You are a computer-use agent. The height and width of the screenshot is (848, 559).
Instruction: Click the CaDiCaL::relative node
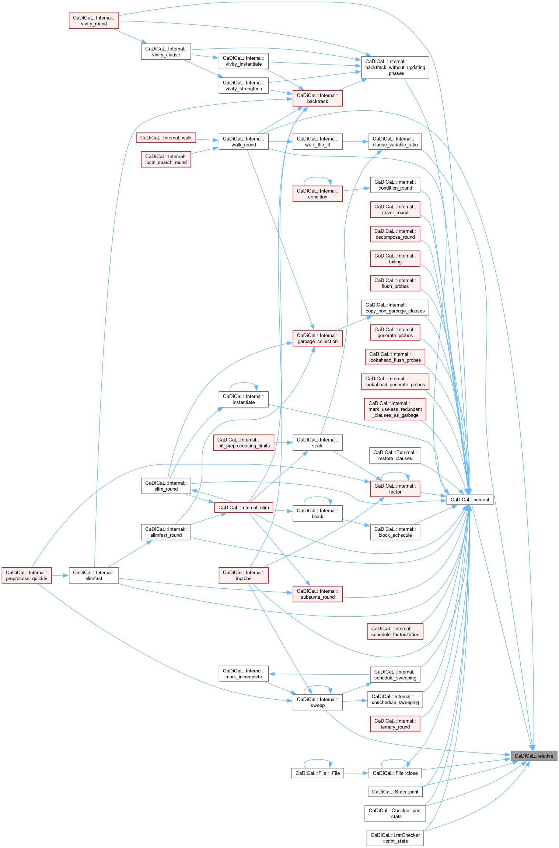(x=534, y=756)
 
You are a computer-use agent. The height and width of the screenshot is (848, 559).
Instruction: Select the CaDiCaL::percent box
(x=469, y=499)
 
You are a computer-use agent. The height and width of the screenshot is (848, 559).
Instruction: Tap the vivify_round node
(x=94, y=21)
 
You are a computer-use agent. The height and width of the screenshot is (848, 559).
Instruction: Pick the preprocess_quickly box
(x=27, y=575)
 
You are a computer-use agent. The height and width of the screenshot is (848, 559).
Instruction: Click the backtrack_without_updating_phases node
(x=395, y=67)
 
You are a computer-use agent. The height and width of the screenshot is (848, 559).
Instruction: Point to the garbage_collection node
(x=317, y=338)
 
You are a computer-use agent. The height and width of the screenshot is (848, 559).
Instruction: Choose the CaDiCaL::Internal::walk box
(x=166, y=138)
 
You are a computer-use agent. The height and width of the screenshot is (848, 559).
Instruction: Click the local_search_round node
(x=166, y=159)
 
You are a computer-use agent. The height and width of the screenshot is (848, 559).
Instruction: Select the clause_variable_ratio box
(x=395, y=142)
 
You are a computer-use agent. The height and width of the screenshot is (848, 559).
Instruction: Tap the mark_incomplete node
(x=244, y=674)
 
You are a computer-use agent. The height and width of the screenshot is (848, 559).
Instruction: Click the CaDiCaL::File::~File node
(x=318, y=773)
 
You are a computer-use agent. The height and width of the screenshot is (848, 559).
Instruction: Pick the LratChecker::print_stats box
(x=395, y=838)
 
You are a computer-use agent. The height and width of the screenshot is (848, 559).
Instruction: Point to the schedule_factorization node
(x=395, y=631)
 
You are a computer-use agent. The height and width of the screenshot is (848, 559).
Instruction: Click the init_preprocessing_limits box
(x=244, y=443)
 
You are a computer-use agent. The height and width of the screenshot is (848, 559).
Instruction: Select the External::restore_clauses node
(x=395, y=456)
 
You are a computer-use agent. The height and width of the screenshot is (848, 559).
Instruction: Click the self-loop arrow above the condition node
(x=317, y=177)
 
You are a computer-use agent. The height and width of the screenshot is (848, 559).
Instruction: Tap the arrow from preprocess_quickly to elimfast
(x=60, y=575)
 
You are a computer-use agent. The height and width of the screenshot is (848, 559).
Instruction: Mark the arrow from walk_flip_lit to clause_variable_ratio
(x=356, y=142)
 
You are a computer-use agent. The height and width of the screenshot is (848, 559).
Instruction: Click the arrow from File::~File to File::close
(x=356, y=773)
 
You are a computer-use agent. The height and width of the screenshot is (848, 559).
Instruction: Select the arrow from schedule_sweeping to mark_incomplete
(x=319, y=674)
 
